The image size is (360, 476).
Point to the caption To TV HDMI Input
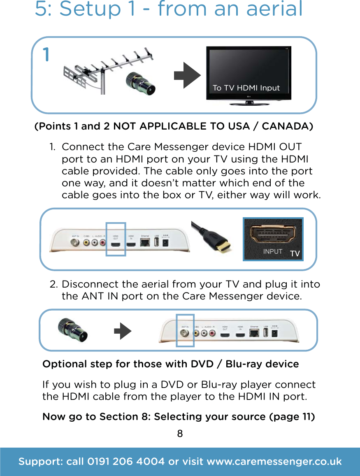246,88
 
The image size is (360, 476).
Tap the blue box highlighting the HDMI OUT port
116,239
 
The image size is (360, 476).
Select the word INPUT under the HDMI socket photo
272,251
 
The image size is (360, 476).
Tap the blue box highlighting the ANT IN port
185,330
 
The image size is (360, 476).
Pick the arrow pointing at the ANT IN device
122,331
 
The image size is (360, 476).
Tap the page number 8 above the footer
180,434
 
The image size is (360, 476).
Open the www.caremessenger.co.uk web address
274,462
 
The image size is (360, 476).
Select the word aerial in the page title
274,9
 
